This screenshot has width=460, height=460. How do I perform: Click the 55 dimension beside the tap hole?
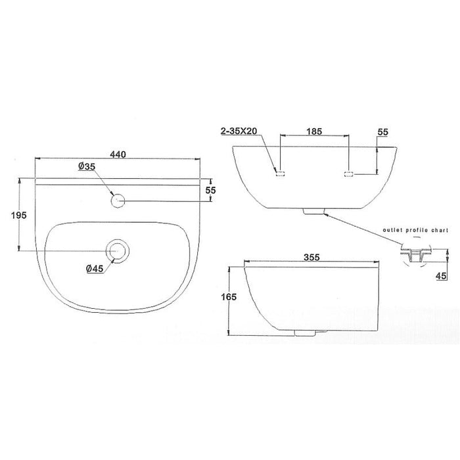(x=210, y=190)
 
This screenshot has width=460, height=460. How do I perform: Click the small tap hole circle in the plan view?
(x=118, y=200)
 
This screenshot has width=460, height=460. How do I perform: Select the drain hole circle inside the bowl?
(x=119, y=250)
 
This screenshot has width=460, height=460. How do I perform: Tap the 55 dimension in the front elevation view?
(x=382, y=132)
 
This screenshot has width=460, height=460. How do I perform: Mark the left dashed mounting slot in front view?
(x=280, y=173)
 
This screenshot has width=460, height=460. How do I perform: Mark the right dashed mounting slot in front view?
(x=349, y=173)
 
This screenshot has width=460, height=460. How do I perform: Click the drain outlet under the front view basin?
(x=313, y=212)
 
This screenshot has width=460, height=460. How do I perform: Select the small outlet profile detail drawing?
(x=415, y=254)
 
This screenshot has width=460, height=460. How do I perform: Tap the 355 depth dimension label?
(x=311, y=258)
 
